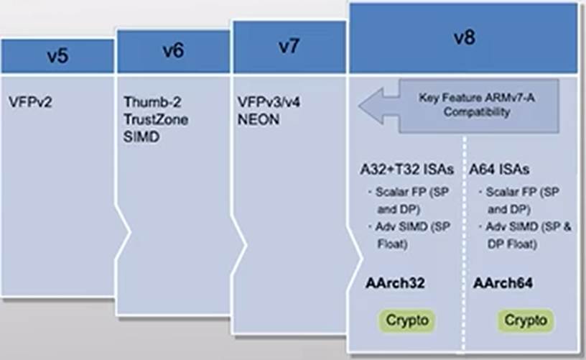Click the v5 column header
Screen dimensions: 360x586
(57, 56)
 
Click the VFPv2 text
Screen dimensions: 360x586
(32, 102)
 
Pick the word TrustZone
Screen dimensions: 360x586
(156, 119)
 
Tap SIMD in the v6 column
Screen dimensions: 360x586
(141, 137)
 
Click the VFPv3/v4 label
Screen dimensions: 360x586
(269, 102)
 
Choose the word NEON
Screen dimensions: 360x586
(257, 119)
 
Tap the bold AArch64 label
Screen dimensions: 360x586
(503, 283)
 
